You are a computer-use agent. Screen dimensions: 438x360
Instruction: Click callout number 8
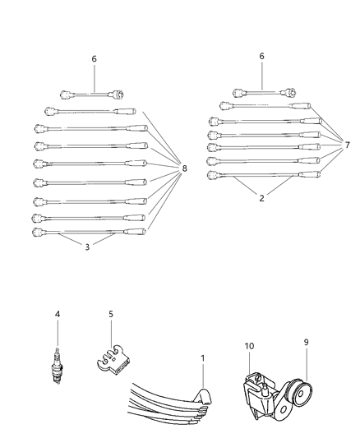point(184,168)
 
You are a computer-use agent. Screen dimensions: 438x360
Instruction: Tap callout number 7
point(347,145)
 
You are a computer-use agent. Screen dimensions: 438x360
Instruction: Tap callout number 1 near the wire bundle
point(202,359)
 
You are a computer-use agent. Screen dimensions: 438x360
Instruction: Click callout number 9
point(307,345)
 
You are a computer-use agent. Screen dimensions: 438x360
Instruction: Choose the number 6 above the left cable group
point(94,59)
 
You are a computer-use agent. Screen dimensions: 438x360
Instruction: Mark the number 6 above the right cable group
point(261,56)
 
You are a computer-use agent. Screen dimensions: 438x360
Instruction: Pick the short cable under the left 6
point(94,92)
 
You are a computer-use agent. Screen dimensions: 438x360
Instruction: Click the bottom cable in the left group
point(90,233)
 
